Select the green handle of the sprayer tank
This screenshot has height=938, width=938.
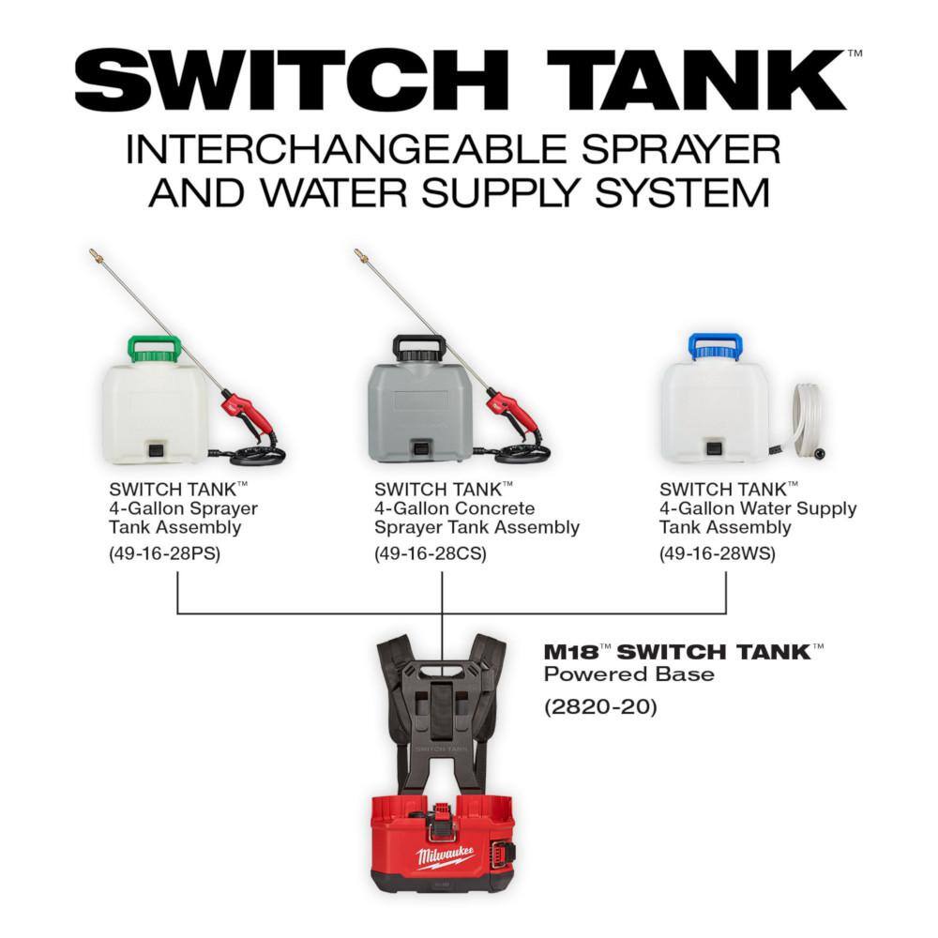coord(154,348)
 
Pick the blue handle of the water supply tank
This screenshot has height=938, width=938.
coord(715,346)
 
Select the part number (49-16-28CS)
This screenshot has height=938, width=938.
coord(431,553)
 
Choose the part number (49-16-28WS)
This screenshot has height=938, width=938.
coord(717,553)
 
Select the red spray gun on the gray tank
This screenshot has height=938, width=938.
coord(512,412)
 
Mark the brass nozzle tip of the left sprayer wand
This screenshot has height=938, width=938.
coord(96,254)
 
